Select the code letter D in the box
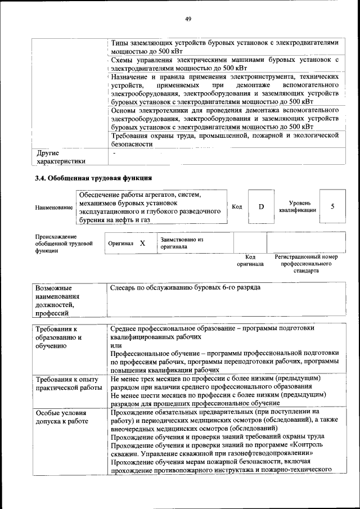(261, 206)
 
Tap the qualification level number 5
(332, 206)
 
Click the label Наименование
(54, 208)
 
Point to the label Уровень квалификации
(297, 206)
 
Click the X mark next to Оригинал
(142, 243)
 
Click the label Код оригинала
(250, 260)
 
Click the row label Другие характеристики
(61, 157)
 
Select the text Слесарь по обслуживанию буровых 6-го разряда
(186, 287)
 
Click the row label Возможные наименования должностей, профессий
(57, 300)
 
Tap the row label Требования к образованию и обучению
(59, 337)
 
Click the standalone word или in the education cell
(116, 345)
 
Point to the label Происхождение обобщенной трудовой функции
(62, 244)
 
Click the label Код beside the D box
(237, 206)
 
